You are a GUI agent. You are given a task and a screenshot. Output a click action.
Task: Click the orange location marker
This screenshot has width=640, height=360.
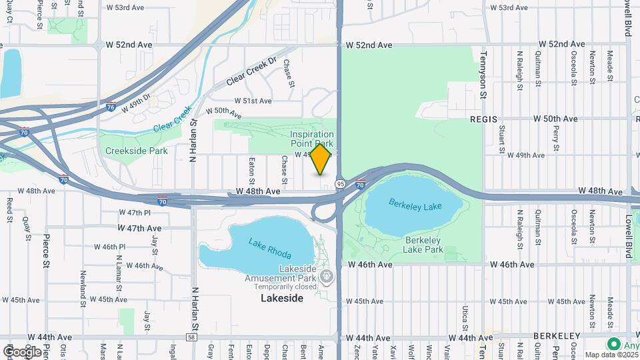(321, 159)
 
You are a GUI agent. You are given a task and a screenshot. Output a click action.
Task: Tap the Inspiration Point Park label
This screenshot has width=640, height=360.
(311, 139)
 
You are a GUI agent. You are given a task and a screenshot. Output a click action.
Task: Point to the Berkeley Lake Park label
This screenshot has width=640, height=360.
(423, 245)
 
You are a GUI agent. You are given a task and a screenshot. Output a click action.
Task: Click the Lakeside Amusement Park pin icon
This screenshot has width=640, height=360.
(326, 275)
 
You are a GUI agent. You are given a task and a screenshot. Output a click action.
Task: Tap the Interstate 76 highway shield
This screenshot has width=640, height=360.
(111, 106)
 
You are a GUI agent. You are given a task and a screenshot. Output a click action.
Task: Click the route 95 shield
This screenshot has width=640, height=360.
(341, 183)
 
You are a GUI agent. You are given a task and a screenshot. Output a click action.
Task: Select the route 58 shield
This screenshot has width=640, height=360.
(191, 338)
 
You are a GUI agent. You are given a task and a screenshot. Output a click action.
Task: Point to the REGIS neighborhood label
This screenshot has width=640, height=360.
(484, 119)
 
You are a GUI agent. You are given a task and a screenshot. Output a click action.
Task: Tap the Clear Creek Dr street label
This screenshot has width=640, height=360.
(251, 72)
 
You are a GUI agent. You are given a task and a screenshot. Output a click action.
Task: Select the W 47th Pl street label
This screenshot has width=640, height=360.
(135, 213)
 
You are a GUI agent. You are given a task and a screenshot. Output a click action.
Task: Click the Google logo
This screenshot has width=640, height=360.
(22, 351)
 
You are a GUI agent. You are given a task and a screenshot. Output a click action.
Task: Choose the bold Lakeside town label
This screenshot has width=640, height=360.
(281, 298)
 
